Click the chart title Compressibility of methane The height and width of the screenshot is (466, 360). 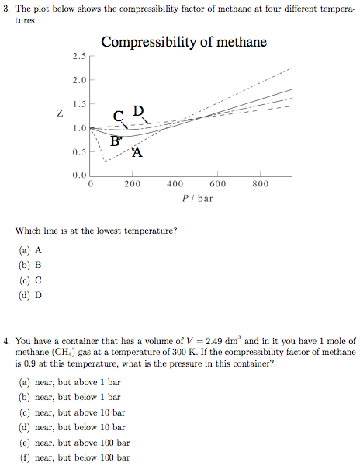pyautogui.click(x=184, y=42)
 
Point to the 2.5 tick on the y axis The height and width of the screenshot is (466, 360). pyautogui.click(x=78, y=57)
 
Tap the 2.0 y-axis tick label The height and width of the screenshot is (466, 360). pyautogui.click(x=78, y=80)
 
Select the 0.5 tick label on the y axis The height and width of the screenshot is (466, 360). pyautogui.click(x=78, y=151)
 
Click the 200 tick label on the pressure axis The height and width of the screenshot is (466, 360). pyautogui.click(x=133, y=184)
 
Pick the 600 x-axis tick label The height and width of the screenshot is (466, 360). pyautogui.click(x=218, y=184)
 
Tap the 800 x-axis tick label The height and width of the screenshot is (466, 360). pyautogui.click(x=261, y=184)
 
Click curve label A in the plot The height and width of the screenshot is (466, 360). pyautogui.click(x=137, y=152)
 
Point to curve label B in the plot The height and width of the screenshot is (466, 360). pyautogui.click(x=115, y=141)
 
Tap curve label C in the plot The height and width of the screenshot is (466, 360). pyautogui.click(x=117, y=116)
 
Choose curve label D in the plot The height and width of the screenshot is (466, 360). pyautogui.click(x=138, y=110)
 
